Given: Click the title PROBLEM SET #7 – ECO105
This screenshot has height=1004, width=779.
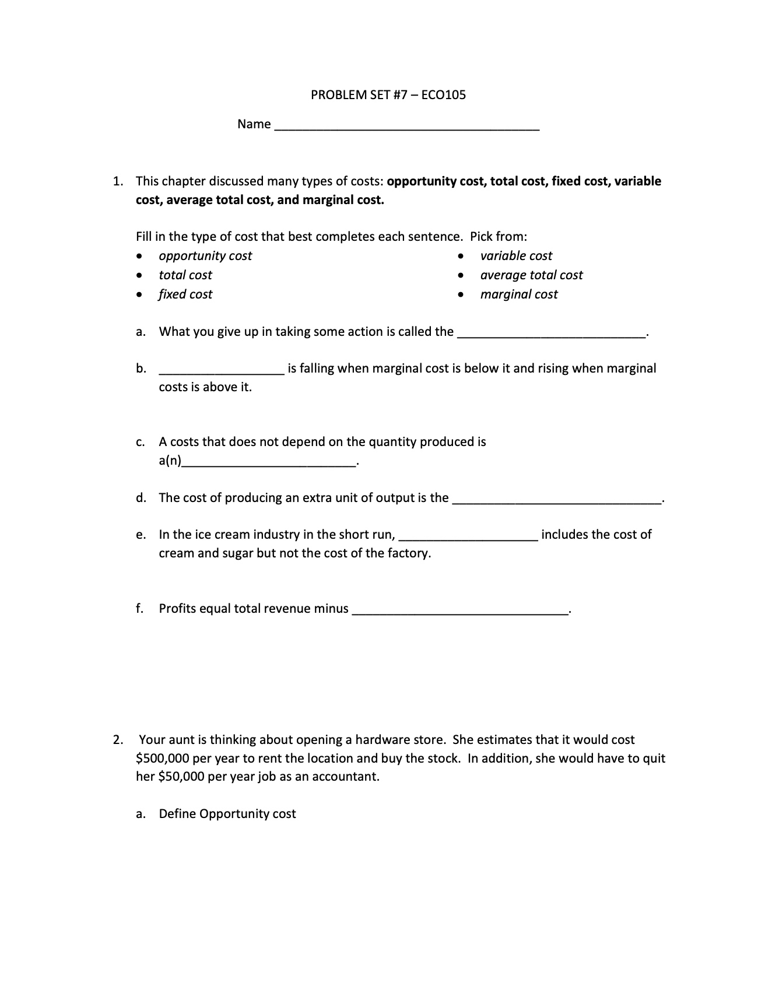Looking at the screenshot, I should [388, 95].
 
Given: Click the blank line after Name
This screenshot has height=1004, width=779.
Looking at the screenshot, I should [406, 126].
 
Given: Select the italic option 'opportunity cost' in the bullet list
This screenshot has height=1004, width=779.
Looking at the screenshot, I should [205, 256].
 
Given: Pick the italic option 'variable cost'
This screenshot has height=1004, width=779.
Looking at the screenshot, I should [516, 256].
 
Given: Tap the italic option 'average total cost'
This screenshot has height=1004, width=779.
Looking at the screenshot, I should [531, 275].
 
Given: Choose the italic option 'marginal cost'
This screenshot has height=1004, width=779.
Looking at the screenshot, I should [519, 294].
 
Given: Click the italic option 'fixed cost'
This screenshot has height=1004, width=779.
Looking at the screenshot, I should [185, 294].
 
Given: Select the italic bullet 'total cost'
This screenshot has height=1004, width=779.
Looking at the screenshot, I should [185, 275].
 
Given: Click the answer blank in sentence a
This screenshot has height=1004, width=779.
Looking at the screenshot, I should [551, 334].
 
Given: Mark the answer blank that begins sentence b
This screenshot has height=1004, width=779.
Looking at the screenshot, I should [222, 370].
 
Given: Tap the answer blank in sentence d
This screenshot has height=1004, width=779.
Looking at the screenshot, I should [557, 500].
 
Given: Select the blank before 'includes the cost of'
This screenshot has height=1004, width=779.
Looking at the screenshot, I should [468, 536].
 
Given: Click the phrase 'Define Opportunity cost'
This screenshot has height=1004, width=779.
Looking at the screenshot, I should [227, 814].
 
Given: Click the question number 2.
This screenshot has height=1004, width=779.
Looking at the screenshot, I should [118, 740].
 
